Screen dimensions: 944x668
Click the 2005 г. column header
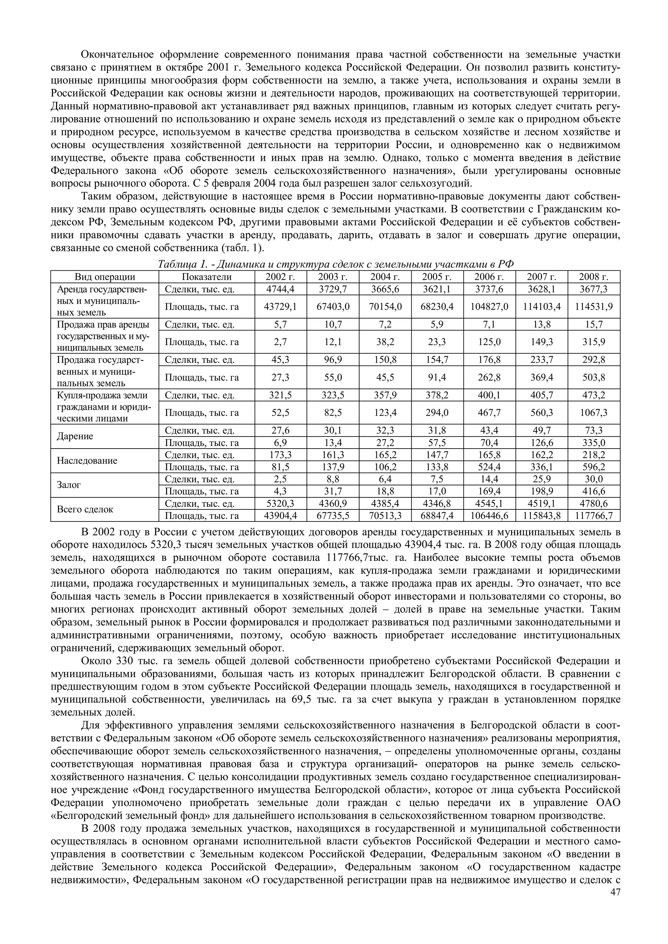point(437,277)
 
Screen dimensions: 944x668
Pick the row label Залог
point(69,485)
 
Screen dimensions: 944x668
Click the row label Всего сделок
point(84,509)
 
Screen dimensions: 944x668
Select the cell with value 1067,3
point(594,412)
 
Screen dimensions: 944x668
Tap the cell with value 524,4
point(489,467)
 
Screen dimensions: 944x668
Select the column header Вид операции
point(105,277)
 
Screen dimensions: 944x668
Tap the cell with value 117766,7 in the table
point(594,516)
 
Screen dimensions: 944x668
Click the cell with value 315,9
point(594,342)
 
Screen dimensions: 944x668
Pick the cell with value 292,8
point(594,360)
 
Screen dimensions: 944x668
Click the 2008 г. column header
point(594,277)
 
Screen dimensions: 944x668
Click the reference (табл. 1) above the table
point(242,248)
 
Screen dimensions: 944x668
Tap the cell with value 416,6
point(594,491)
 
